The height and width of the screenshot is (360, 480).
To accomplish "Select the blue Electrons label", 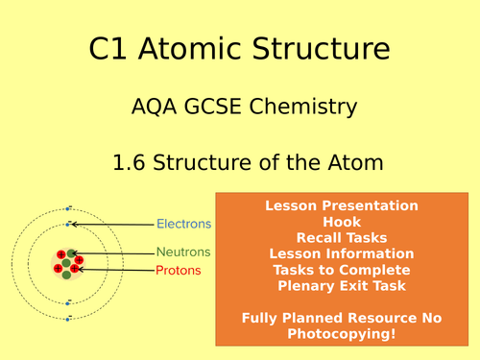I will [183, 225].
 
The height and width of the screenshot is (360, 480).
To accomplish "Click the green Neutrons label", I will [182, 252].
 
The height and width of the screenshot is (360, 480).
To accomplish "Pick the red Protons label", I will [179, 270].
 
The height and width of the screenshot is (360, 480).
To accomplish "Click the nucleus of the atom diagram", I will [66, 260].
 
